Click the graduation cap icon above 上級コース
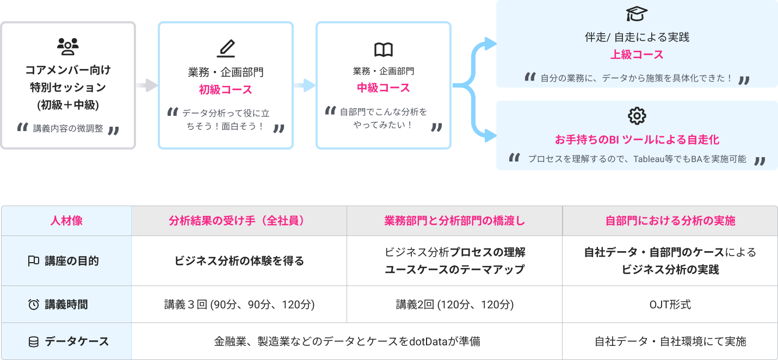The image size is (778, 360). (x=637, y=14)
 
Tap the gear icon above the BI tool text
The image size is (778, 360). (x=637, y=116)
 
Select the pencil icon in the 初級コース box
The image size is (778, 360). (x=225, y=49)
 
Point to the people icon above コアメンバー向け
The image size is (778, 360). (x=68, y=47)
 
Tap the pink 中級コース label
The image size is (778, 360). (x=384, y=88)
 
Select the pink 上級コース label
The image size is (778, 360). (x=637, y=55)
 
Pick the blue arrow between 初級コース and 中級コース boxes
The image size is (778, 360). (x=304, y=85)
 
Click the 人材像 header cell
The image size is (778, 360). (x=66, y=221)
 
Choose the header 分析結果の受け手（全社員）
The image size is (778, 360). (x=239, y=221)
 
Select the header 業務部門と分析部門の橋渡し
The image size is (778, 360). (x=454, y=221)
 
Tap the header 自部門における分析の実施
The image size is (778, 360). (x=670, y=221)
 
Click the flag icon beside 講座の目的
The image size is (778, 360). (x=33, y=261)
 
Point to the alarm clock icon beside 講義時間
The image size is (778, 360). (x=33, y=305)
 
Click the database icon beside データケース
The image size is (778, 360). (x=33, y=342)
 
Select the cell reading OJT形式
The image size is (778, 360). (x=670, y=305)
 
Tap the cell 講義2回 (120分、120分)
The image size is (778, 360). (x=454, y=305)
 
